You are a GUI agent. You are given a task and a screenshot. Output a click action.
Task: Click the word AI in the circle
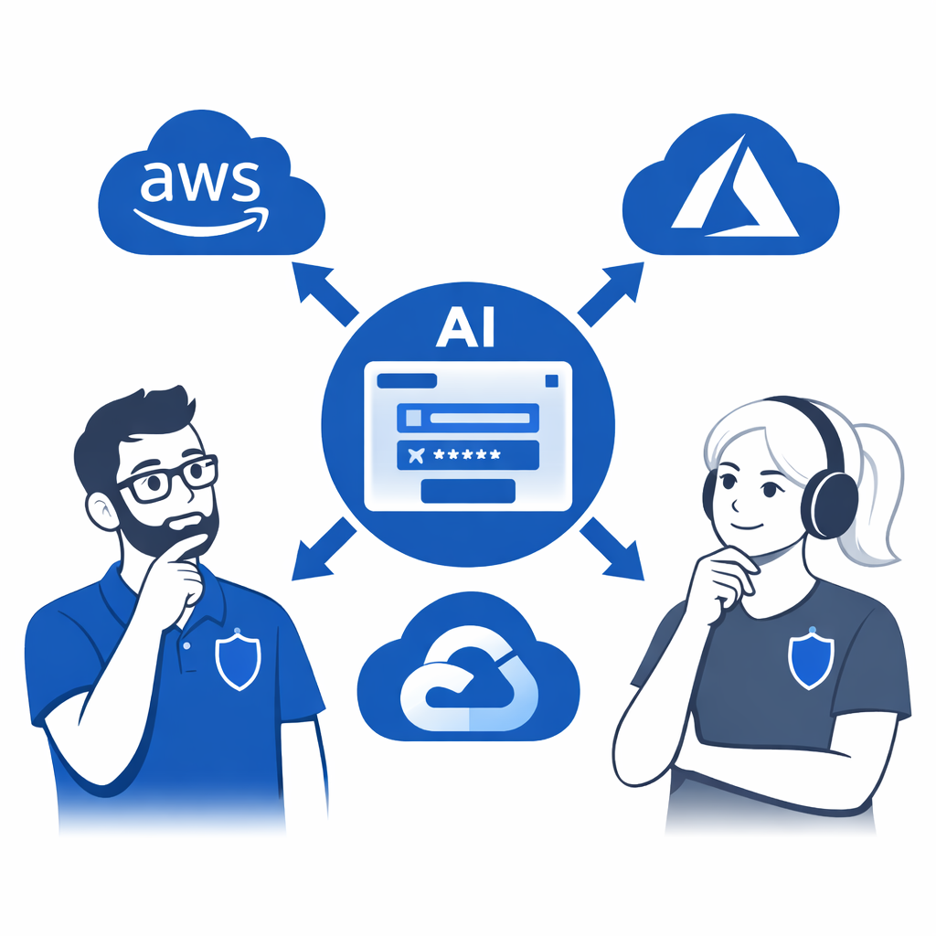pyautogui.click(x=465, y=327)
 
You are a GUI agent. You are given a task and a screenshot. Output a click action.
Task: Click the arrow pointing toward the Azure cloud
pyautogui.click(x=611, y=292)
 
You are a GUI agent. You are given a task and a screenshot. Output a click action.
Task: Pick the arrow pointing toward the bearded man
pyautogui.click(x=322, y=549)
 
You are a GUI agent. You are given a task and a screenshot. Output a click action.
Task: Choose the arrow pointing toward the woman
pyautogui.click(x=613, y=549)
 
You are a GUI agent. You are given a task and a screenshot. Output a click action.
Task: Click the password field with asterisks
pyautogui.click(x=467, y=454)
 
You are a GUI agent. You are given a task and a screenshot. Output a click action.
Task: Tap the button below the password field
pyautogui.click(x=467, y=491)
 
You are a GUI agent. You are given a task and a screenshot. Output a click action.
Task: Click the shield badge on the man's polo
pyautogui.click(x=238, y=657)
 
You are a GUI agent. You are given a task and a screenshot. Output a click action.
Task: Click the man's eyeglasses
pyautogui.click(x=169, y=479)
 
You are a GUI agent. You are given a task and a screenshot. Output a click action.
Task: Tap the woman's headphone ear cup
pyautogui.click(x=828, y=504)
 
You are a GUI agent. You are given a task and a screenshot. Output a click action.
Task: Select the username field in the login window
pyautogui.click(x=467, y=419)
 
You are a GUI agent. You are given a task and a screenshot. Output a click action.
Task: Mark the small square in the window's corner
pyautogui.click(x=550, y=380)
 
